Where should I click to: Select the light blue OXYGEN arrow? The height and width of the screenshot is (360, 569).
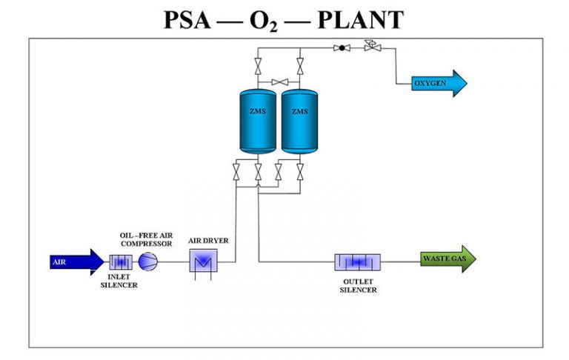coord(439,84)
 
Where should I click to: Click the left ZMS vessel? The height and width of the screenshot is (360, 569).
coord(257,121)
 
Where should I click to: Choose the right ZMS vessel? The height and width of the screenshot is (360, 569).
coord(299,121)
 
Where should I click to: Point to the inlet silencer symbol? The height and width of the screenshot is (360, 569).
coord(120,261)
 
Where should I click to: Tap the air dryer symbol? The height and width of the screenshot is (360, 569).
coord(201,261)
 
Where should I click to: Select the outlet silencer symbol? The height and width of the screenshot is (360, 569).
coord(357,262)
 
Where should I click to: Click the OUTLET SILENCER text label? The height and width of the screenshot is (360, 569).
coord(358,285)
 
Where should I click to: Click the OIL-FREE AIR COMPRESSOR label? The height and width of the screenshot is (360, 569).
coord(146,239)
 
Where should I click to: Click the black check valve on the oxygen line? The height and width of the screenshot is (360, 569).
coord(342,48)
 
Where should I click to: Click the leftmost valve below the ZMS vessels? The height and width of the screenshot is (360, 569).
coord(236,173)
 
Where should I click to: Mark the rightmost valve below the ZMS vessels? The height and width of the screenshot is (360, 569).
coord(299,173)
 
